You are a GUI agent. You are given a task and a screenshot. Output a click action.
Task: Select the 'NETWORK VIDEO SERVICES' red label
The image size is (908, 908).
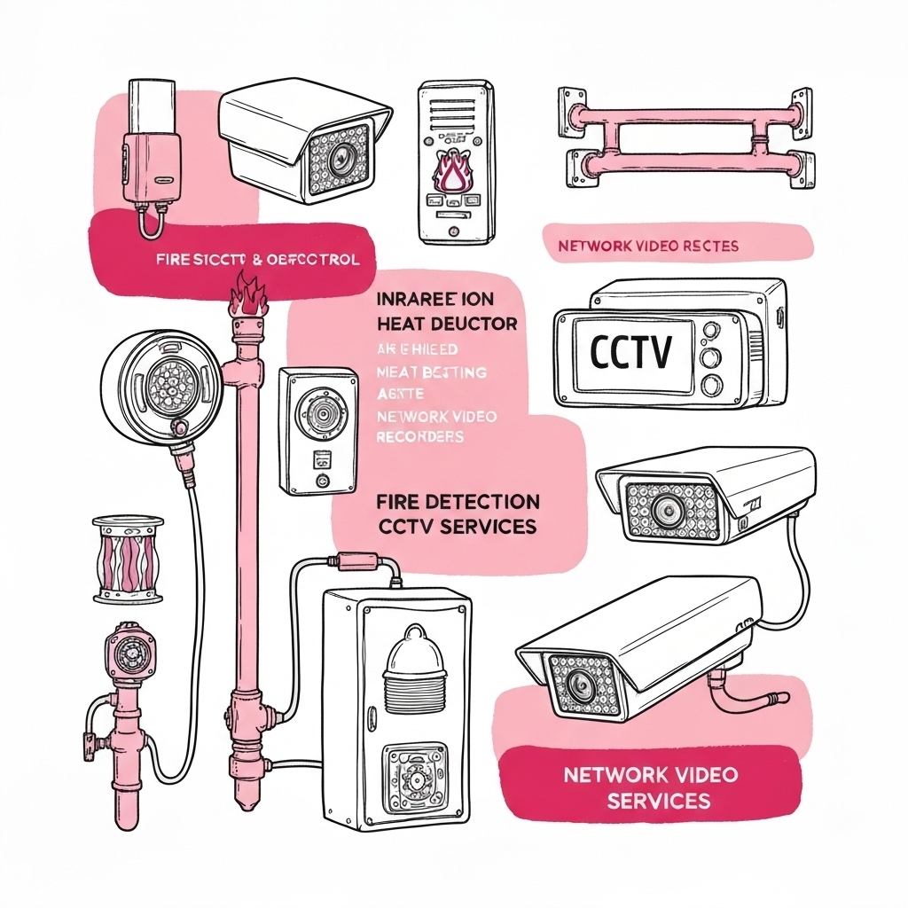click(x=650, y=787)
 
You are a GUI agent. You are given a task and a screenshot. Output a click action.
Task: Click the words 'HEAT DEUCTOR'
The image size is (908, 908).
click(x=447, y=325)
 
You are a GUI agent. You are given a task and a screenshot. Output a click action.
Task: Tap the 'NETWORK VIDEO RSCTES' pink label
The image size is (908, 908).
click(x=648, y=246)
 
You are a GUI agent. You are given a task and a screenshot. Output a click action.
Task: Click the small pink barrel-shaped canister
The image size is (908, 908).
click(x=129, y=561)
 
